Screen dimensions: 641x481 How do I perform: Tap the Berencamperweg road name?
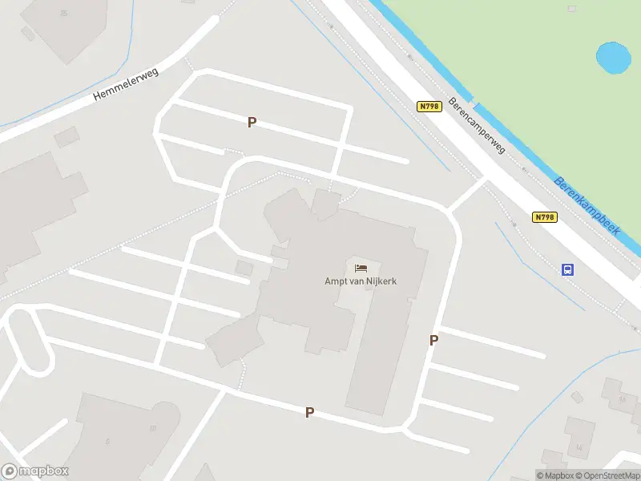coord(477,125)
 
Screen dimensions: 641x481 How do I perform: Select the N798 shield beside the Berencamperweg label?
coord(429,106)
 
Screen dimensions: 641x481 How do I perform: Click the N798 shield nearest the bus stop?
coord(544,217)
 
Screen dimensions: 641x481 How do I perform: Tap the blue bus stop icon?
coord(568,269)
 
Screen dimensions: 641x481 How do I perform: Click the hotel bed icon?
coord(361,267)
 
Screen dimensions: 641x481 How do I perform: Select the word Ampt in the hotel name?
coord(336,281)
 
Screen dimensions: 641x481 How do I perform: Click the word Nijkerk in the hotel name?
coord(382,281)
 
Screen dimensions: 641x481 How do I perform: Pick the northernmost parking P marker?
coord(252,123)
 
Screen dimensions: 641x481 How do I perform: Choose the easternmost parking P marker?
coord(433,340)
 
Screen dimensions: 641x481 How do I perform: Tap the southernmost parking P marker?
coord(309,412)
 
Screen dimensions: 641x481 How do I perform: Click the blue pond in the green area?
coord(613,57)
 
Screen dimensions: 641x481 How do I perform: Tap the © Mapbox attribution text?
coord(553,475)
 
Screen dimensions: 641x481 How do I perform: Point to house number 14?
coord(579,447)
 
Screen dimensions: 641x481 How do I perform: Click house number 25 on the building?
coord(63,14)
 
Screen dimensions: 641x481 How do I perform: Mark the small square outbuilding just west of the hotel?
coord(244,268)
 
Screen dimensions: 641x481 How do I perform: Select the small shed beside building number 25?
coord(28,34)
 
